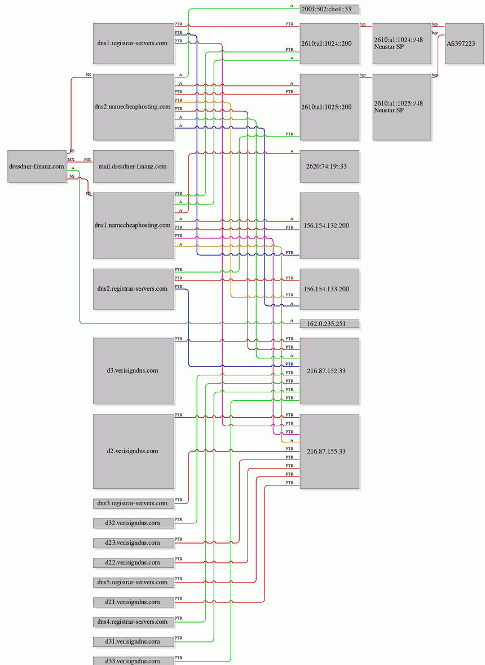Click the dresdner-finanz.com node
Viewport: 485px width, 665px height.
click(37, 166)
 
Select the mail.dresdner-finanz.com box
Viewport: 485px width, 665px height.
click(134, 166)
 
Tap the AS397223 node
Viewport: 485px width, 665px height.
click(464, 43)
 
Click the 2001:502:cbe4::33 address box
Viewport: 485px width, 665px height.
click(329, 9)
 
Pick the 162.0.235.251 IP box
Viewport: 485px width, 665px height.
click(329, 323)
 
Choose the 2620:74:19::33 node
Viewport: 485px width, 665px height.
click(329, 166)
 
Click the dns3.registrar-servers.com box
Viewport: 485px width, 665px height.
click(134, 504)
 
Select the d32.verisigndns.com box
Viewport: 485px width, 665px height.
click(134, 523)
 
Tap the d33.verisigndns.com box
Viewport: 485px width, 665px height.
click(134, 660)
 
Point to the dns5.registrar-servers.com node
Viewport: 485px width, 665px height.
click(134, 583)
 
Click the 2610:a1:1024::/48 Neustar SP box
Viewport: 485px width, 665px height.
click(402, 43)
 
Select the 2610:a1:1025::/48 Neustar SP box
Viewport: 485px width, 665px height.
click(402, 107)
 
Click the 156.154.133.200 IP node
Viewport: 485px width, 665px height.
click(329, 289)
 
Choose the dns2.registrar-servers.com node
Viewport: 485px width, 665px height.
click(134, 289)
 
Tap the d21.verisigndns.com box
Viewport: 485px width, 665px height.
click(134, 602)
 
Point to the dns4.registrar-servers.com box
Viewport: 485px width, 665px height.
click(134, 622)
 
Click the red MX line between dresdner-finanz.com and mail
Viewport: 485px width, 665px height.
click(80, 162)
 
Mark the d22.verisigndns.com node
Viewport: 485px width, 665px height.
click(134, 563)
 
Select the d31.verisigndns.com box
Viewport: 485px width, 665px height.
click(134, 642)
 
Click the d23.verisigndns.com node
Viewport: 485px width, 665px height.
click(134, 543)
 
